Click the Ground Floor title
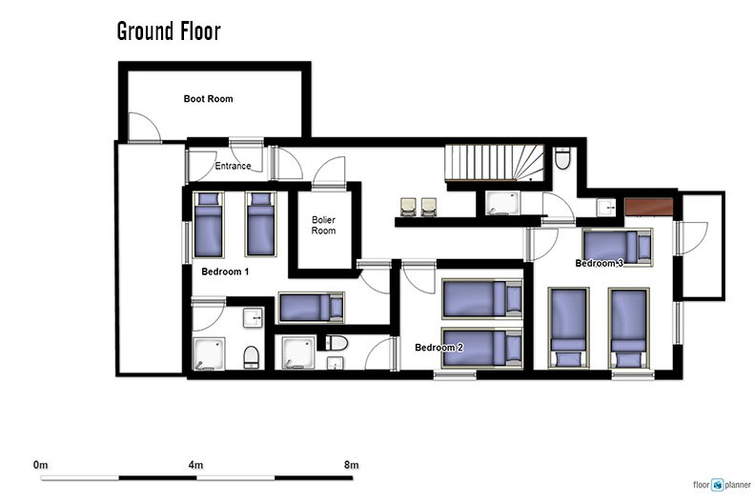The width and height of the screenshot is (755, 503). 169,31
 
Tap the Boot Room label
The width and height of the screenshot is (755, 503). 208,99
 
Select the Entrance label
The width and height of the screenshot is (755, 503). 233,166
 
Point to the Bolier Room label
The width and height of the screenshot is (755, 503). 323,225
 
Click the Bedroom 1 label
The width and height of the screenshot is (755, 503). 225,272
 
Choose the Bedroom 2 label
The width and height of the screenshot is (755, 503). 439,347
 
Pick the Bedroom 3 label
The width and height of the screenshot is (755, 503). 599,263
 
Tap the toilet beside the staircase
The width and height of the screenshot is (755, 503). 562,158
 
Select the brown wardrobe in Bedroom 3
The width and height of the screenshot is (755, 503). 648,207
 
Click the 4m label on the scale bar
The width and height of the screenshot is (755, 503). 195,465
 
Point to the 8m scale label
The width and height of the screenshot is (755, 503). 351,465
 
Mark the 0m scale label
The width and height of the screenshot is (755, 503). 40,465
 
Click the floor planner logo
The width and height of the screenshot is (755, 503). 722,485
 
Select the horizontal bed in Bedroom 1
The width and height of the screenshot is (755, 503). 311,307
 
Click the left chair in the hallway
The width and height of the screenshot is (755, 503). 408,207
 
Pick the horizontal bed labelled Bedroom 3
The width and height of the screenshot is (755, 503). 618,247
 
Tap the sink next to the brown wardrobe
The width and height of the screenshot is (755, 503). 606,208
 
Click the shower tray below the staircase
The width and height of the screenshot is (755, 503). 502,203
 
